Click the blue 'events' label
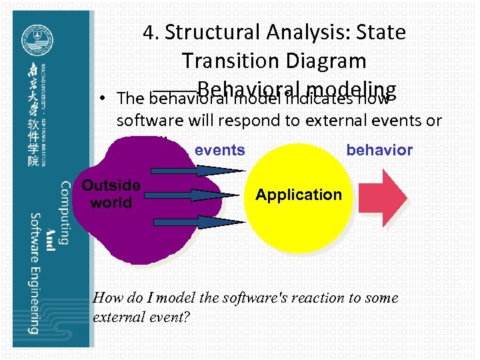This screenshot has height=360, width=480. pyautogui.click(x=219, y=150)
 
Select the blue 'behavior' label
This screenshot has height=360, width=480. pyautogui.click(x=379, y=150)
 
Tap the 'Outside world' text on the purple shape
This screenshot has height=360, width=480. pyautogui.click(x=111, y=193)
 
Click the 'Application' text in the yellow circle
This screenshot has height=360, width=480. pyautogui.click(x=299, y=195)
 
